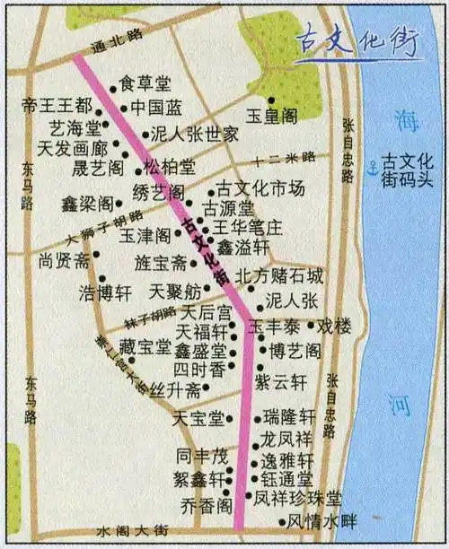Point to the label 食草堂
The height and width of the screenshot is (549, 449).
[145, 84]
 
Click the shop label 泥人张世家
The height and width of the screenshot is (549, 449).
[194, 135]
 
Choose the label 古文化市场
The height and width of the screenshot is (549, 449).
[261, 189]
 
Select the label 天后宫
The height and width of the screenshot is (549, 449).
[207, 313]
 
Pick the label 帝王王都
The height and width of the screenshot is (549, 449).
[56, 106]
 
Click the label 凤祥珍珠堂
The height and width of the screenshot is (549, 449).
[297, 497]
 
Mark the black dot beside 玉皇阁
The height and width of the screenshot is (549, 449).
[271, 100]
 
